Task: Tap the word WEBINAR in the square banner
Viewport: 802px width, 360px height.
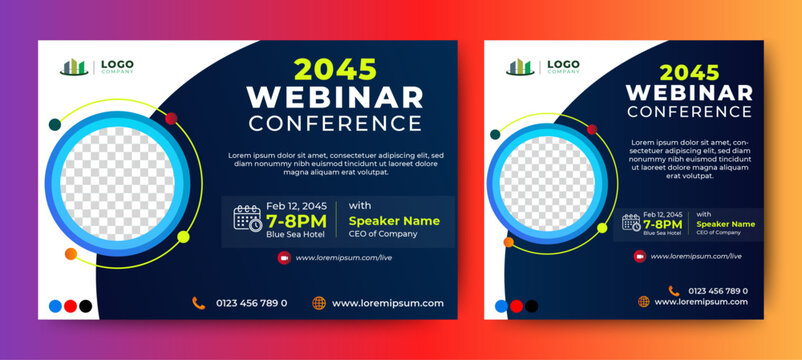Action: click(x=688, y=93)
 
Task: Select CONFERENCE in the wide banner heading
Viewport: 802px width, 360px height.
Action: click(x=335, y=124)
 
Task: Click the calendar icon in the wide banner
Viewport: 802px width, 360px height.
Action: click(x=246, y=217)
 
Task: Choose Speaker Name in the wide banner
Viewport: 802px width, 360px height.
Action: click(x=394, y=220)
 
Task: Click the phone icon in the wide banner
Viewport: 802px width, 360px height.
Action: click(x=199, y=303)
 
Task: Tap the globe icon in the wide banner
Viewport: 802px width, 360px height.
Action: click(x=319, y=303)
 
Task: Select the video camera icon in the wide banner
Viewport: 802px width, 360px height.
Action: click(x=284, y=257)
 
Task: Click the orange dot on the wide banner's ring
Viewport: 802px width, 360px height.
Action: click(x=70, y=255)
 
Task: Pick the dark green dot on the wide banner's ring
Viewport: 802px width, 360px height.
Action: click(x=55, y=125)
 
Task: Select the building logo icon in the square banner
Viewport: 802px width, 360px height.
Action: click(x=519, y=67)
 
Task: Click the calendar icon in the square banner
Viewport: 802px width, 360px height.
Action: click(x=630, y=222)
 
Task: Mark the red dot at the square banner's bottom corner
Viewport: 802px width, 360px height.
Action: click(x=516, y=306)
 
